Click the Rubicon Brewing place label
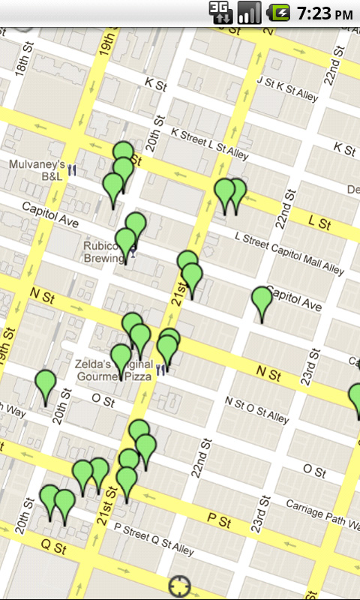tap(103, 251)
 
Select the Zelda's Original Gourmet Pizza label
tap(112, 369)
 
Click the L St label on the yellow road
tap(320, 223)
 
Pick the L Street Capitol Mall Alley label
tap(289, 252)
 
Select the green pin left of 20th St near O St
tap(46, 384)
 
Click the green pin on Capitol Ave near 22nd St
tap(262, 300)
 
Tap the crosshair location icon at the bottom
tap(180, 586)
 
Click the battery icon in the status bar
tap(280, 13)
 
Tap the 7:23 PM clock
tap(324, 13)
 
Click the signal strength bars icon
tap(249, 13)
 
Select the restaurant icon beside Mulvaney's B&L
tap(73, 169)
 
